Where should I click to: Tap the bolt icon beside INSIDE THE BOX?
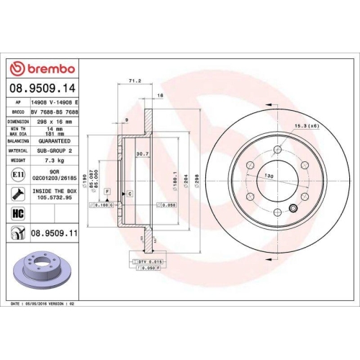(x=16, y=194)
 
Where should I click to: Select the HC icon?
(x=16, y=213)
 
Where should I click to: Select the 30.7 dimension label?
(x=142, y=153)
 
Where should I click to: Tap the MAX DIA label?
(x=17, y=133)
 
